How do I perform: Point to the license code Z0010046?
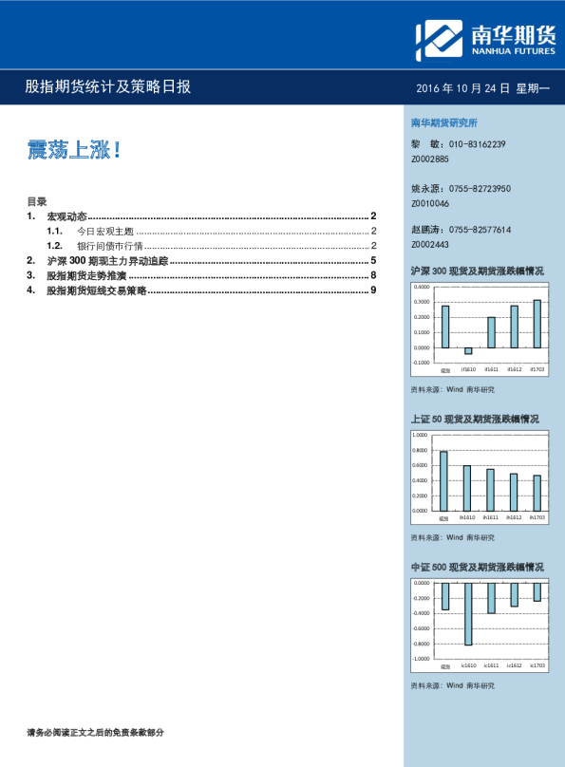[x=431, y=204]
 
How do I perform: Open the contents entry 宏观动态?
[x=67, y=216]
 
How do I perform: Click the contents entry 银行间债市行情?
[x=105, y=246]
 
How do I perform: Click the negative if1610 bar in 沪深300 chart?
[x=468, y=350]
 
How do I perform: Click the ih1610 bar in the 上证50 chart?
[x=467, y=488]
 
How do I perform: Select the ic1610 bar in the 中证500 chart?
[x=468, y=613]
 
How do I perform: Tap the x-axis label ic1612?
[x=514, y=666]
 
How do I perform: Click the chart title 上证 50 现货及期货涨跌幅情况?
[x=475, y=419]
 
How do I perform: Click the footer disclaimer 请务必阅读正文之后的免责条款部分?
[x=96, y=732]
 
